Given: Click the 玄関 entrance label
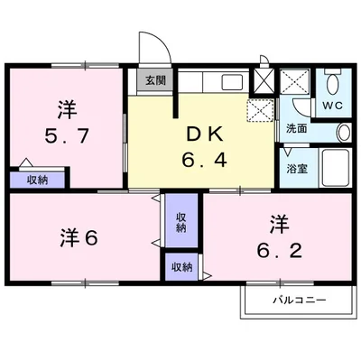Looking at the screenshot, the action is [155, 80].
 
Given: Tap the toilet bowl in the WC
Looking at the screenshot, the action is [333, 84].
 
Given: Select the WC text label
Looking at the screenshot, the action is [333, 106].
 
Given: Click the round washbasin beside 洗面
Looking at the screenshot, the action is [344, 133].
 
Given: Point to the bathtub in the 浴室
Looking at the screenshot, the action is [336, 168].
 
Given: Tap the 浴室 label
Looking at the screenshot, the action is [297, 169].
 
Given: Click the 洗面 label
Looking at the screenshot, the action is [296, 129].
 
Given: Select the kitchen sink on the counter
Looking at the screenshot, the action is [232, 82].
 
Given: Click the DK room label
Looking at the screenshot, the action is [205, 134].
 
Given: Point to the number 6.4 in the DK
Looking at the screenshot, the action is [204, 160].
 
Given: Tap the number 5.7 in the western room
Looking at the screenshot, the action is [67, 135].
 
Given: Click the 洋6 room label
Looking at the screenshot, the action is [79, 238].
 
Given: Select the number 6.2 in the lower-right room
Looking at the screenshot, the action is [280, 250].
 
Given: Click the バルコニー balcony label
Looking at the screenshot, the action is [300, 300].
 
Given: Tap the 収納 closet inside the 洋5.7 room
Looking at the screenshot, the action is [37, 180].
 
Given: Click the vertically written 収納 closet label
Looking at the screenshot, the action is [180, 222].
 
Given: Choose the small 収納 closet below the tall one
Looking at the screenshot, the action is [181, 267].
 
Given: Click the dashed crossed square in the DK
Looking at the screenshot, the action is [260, 110].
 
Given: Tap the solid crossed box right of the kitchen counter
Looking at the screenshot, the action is [264, 80].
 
